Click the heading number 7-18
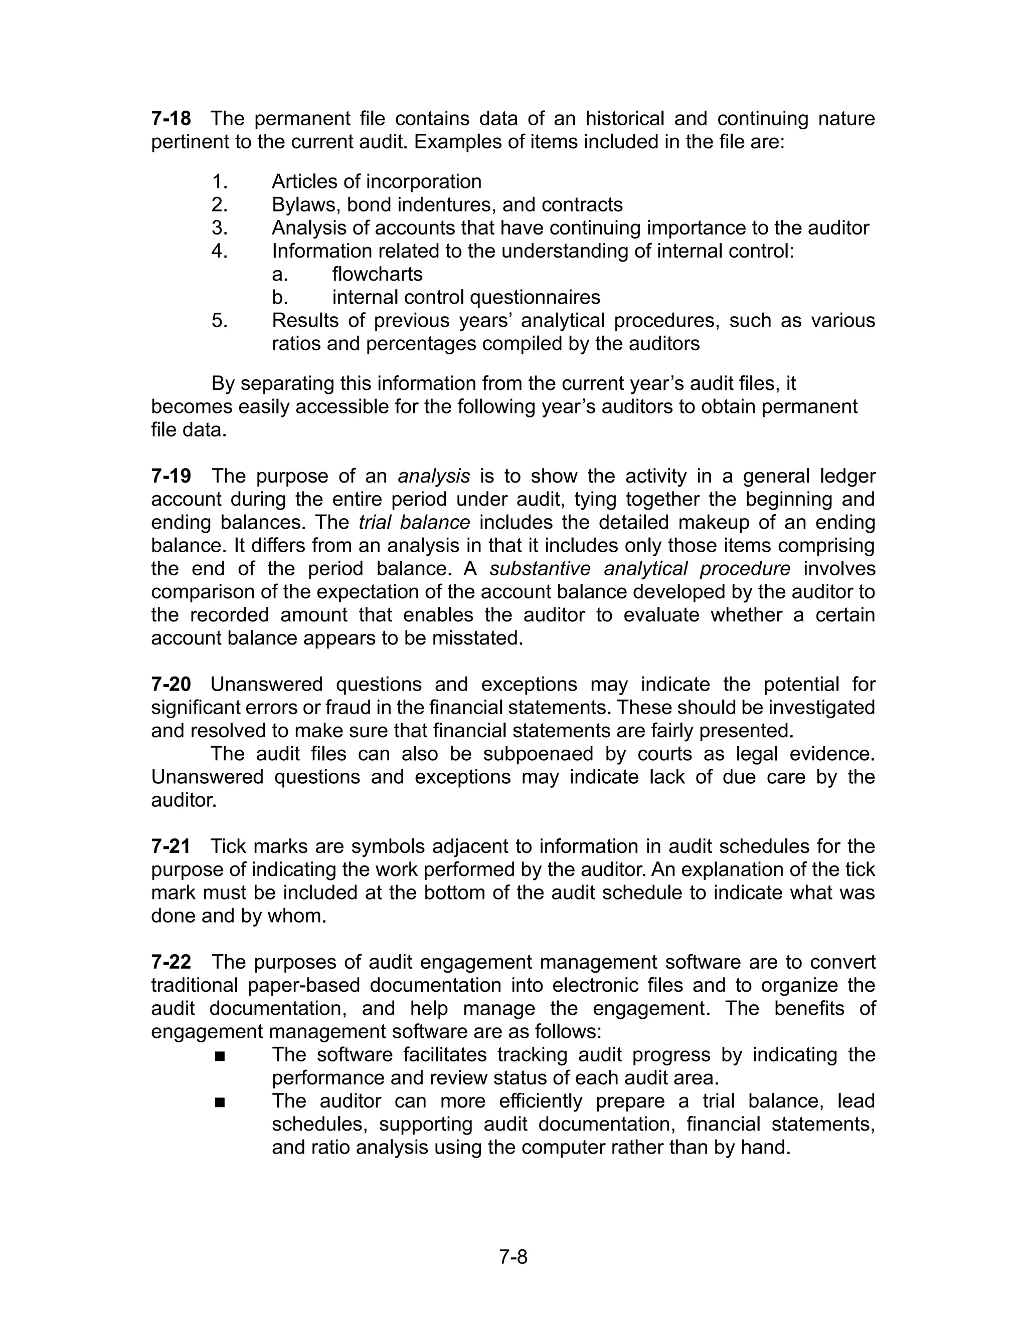[170, 119]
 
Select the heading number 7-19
[170, 476]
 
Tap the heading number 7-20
[170, 685]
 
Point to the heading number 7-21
[170, 846]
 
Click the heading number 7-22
[170, 963]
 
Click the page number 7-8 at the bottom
[513, 1256]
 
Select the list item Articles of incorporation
[376, 182]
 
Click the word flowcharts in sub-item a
[377, 274]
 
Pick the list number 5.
[219, 320]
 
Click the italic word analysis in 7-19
[434, 476]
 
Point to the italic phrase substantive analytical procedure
[639, 569]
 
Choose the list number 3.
[219, 228]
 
